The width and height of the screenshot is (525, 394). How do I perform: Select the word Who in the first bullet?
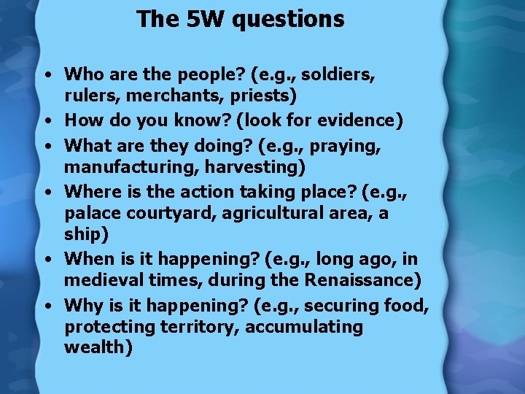tap(82, 74)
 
